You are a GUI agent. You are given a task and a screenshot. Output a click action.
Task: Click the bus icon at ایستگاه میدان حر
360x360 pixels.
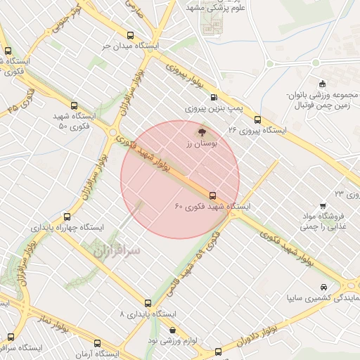(129, 35)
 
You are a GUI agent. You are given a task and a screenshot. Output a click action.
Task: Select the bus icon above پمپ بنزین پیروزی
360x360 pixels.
(214, 98)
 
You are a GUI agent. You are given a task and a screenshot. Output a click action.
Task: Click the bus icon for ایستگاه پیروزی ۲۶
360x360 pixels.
(258, 120)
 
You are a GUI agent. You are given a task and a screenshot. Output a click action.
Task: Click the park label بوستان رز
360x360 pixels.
(201, 143)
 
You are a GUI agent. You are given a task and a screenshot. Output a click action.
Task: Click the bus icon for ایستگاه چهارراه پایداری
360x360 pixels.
(67, 217)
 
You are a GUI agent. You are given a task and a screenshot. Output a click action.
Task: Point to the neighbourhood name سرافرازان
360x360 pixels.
(116, 249)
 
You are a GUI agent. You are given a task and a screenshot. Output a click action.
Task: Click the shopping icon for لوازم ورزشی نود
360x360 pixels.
(173, 330)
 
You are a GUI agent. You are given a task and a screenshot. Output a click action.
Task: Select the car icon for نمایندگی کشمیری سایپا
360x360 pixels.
(323, 288)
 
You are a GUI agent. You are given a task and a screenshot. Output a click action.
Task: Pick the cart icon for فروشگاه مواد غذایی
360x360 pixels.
(323, 207)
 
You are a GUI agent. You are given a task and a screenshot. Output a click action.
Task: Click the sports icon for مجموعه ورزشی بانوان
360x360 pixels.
(323, 84)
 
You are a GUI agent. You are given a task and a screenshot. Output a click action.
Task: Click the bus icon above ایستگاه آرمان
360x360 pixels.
(97, 344)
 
